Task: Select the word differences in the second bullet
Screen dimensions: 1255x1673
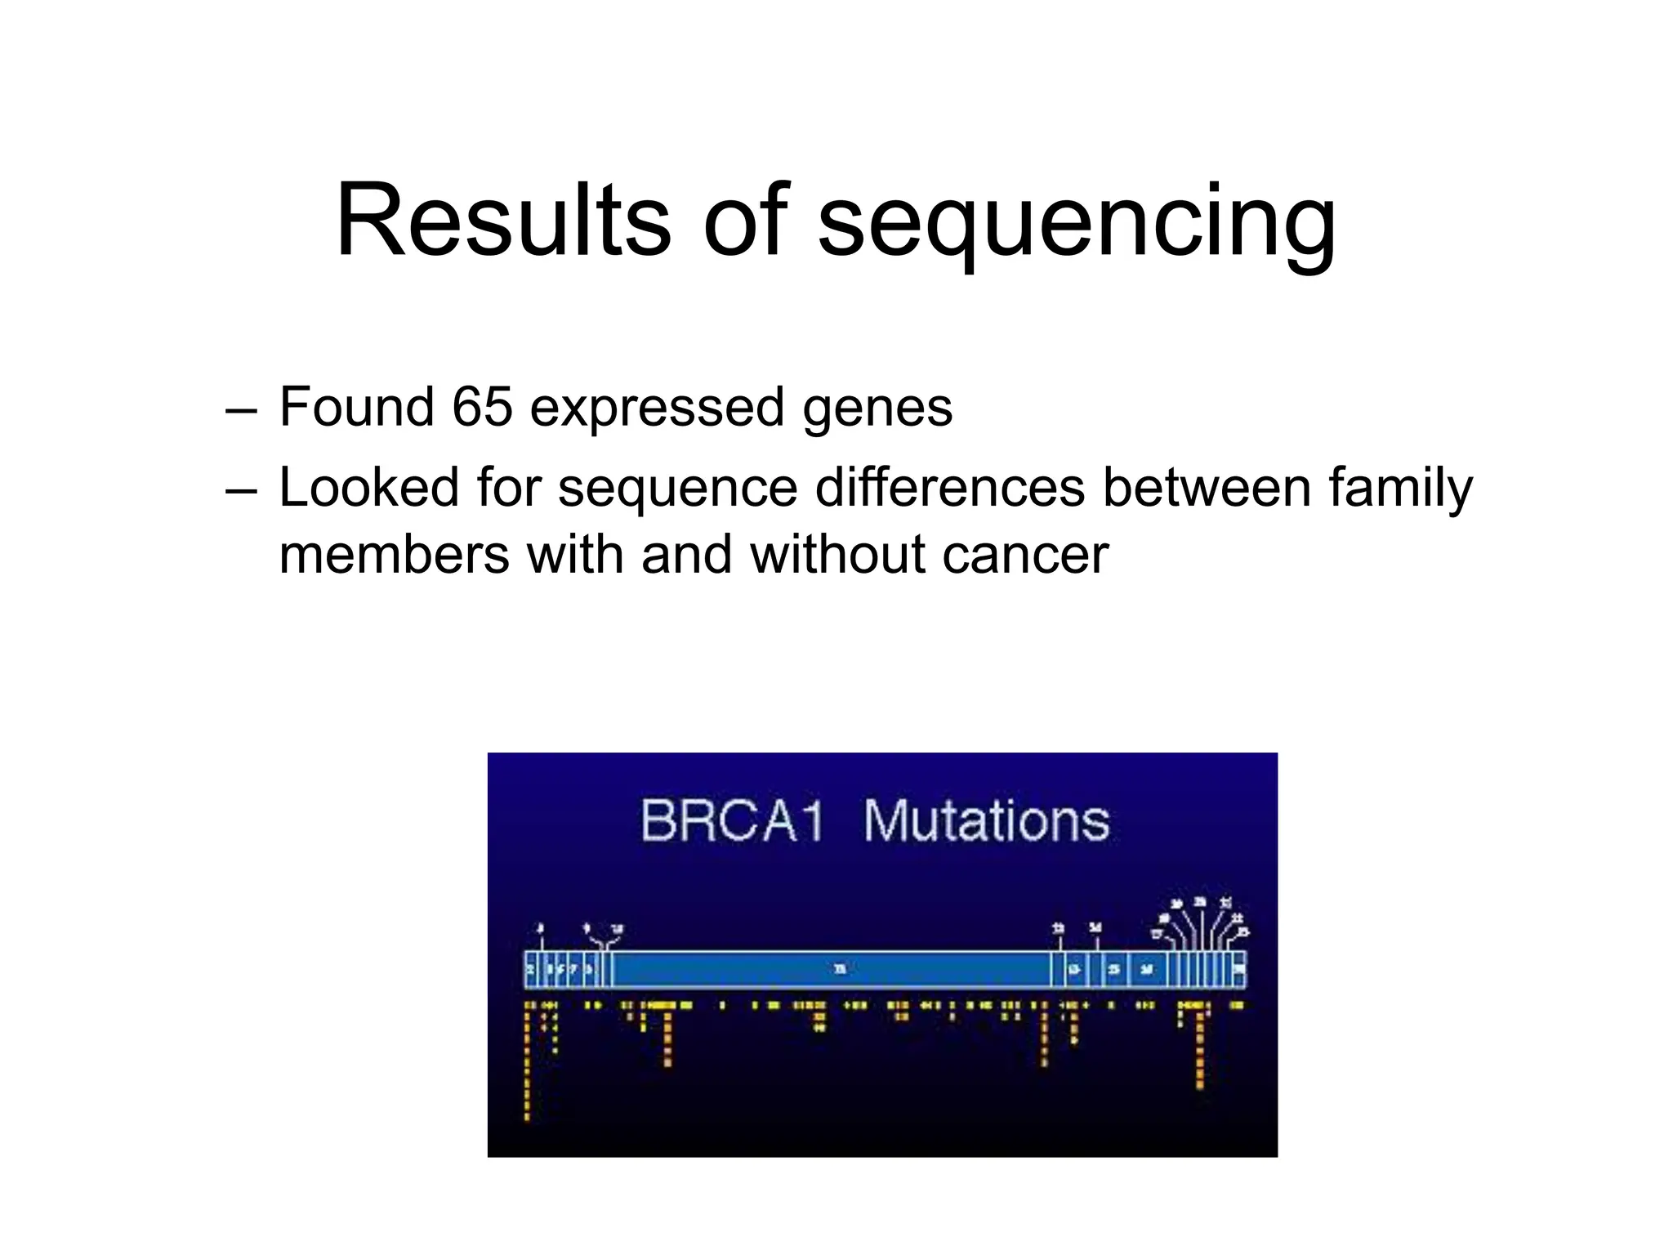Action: click(950, 487)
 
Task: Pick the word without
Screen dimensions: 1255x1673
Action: click(836, 554)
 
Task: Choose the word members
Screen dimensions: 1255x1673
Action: click(395, 554)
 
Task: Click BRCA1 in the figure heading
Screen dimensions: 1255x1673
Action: click(732, 820)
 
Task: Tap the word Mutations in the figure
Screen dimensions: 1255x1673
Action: click(987, 820)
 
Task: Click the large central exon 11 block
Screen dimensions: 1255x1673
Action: click(833, 970)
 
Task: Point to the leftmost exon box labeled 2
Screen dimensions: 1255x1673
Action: click(530, 970)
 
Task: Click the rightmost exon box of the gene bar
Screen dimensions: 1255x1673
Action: click(1238, 970)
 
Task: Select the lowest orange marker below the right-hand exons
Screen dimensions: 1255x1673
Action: click(1199, 1085)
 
